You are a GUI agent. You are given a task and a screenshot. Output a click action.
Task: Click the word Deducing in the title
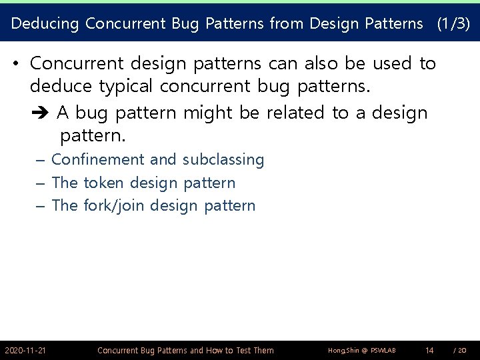45,24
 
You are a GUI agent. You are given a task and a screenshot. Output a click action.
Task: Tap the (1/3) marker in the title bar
453,24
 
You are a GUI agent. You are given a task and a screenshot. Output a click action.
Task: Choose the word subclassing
223,160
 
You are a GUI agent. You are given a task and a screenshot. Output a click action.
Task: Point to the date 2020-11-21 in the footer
25,350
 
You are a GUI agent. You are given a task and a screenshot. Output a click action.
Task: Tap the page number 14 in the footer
429,350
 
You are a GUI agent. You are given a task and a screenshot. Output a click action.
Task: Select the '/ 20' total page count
459,350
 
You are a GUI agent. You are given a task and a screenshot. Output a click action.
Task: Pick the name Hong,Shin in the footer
343,351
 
